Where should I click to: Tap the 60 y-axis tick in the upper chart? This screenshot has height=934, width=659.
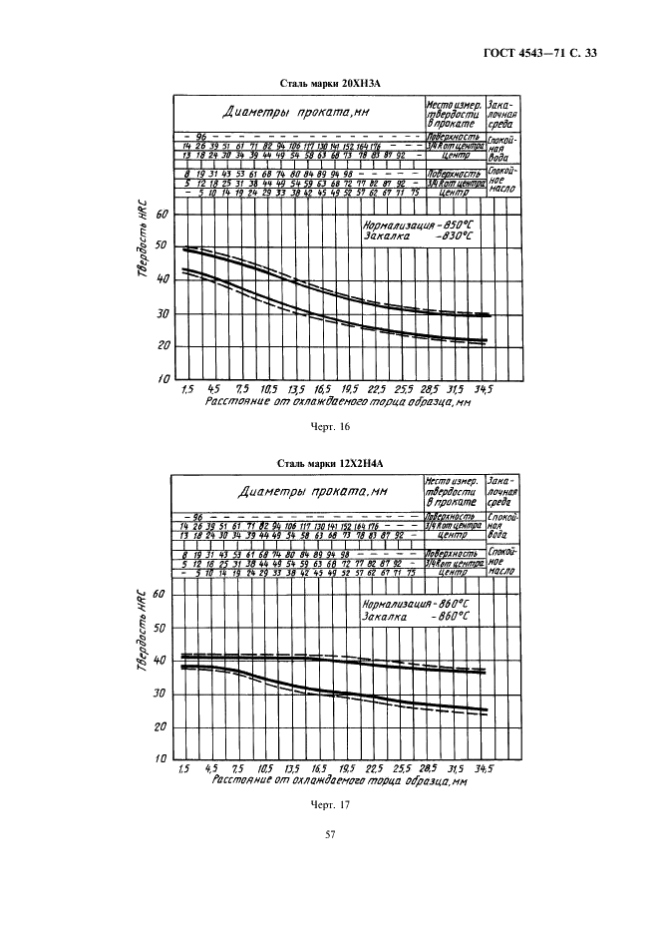pos(164,215)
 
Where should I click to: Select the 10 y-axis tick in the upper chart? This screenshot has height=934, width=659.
pos(164,380)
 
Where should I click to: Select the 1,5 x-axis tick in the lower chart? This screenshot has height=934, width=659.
pos(183,768)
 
